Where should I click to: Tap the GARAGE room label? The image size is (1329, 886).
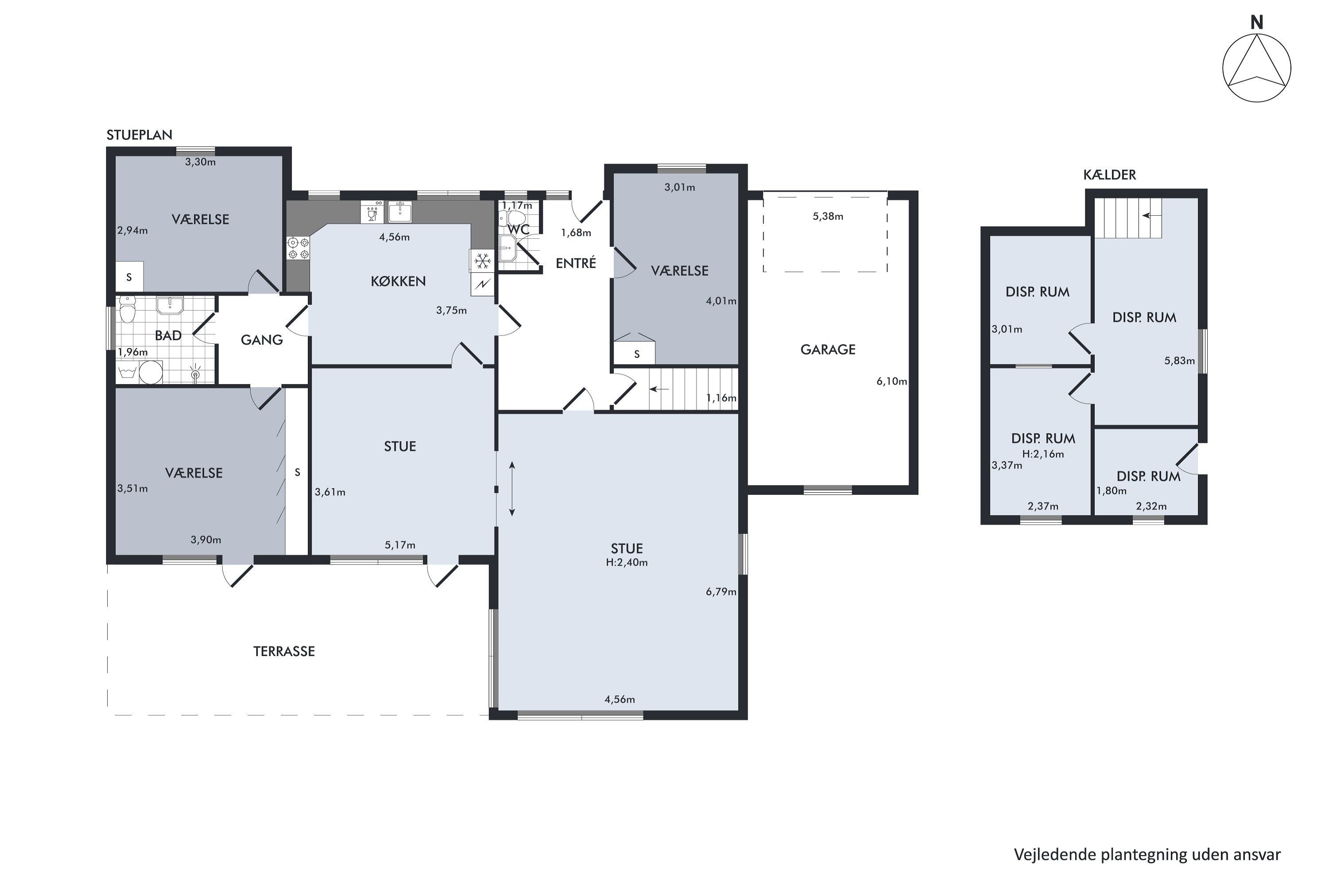(828, 350)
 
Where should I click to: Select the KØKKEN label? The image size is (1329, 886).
(398, 281)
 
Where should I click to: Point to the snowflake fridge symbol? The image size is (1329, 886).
(482, 261)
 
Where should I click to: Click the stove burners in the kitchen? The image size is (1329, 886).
(298, 248)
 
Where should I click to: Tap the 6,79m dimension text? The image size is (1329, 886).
(721, 592)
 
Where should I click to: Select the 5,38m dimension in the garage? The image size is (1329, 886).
(828, 217)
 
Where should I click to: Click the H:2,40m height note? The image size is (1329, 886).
(627, 562)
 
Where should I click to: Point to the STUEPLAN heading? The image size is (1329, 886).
(140, 135)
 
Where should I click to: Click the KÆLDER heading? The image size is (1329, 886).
(1110, 175)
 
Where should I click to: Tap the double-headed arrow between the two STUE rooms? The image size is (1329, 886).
(512, 489)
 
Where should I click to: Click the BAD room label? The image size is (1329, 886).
(168, 336)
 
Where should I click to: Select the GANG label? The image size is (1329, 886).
(262, 340)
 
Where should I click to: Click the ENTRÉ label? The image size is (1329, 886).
(576, 263)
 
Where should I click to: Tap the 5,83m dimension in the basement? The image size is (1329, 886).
(1179, 361)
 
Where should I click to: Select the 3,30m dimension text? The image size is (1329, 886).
(201, 162)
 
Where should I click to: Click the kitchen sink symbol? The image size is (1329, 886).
(400, 212)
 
